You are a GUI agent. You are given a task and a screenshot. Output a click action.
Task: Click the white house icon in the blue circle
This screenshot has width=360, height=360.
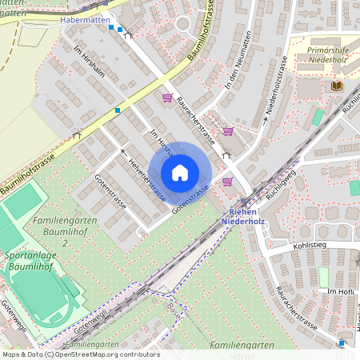[180, 173]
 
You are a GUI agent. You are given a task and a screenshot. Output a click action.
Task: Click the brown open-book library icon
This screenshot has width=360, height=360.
[335, 85]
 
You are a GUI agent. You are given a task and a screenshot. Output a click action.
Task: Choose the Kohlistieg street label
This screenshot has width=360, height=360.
[289, 246]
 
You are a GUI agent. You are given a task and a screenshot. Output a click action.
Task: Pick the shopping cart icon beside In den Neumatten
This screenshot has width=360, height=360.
[228, 131]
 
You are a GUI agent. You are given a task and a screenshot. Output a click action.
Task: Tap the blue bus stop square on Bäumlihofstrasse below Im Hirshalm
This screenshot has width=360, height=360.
[118, 110]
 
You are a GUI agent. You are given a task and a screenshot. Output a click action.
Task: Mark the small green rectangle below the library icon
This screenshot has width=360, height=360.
[318, 117]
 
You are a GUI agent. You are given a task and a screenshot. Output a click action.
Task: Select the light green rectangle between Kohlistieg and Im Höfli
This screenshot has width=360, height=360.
[323, 277]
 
